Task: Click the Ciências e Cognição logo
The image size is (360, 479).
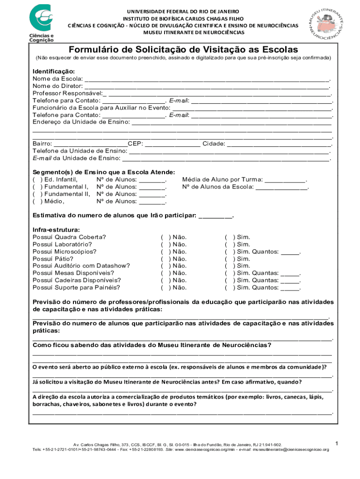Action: click(43, 22)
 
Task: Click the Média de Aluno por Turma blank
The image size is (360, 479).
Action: click(285, 179)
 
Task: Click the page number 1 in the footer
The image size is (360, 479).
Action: click(337, 443)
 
